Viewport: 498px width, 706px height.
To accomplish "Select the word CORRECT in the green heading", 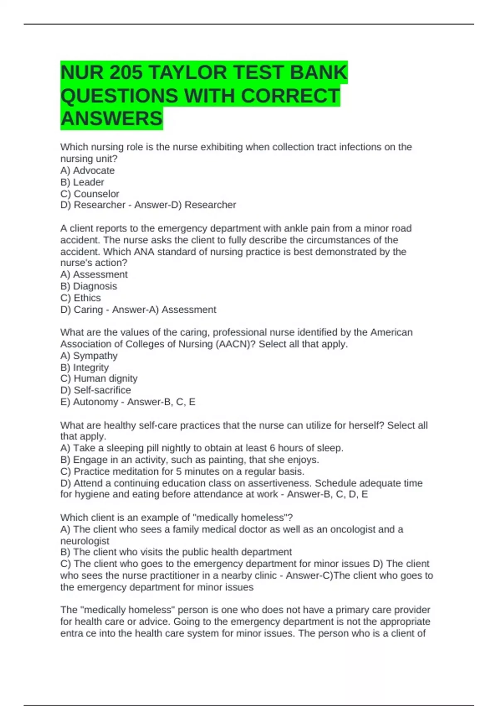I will [290, 96].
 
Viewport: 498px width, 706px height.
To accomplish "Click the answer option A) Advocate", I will [88, 170].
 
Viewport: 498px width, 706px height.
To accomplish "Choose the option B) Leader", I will [82, 182].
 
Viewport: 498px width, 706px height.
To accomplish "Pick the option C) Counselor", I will [90, 194].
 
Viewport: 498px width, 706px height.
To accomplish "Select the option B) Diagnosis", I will [89, 286].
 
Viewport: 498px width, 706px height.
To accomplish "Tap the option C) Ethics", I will [81, 298].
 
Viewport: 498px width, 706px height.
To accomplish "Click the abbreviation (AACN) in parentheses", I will [234, 344].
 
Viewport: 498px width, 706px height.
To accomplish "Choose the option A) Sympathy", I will [89, 355].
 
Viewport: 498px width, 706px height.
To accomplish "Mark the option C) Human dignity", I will [99, 378].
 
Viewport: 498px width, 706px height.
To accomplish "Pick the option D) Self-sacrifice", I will [95, 390].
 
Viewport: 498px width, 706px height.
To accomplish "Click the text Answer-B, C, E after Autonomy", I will [161, 402].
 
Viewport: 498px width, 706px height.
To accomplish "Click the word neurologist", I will [85, 541].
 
